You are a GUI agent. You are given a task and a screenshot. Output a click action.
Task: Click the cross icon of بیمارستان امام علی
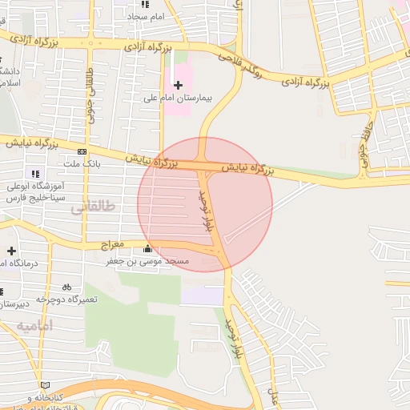coord(178,84)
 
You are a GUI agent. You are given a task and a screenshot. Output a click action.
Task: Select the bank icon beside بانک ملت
coord(82,151)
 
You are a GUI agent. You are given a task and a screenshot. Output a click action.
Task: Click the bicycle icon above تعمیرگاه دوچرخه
coord(66,286)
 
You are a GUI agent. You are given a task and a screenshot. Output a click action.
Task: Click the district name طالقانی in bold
coord(93,207)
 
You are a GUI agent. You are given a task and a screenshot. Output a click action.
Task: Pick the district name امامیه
coord(34,327)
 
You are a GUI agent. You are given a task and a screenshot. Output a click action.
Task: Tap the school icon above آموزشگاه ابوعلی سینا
coord(34,174)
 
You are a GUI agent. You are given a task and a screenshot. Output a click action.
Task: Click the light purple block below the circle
coord(202,295)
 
